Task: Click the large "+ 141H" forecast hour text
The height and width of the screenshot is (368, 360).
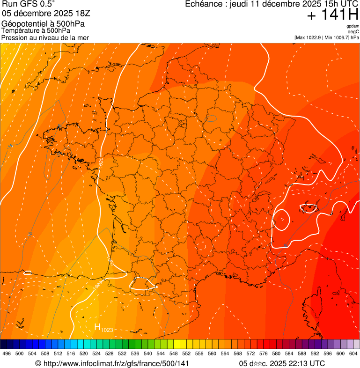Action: tap(332, 15)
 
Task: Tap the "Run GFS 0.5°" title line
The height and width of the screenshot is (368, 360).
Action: tap(28, 4)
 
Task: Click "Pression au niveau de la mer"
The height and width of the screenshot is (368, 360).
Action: tap(45, 37)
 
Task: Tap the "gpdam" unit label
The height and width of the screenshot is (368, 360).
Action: tap(353, 26)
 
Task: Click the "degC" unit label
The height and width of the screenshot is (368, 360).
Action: tap(354, 31)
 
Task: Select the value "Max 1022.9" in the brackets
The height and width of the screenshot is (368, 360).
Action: tap(310, 37)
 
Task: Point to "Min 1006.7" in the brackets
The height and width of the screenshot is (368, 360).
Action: tap(336, 37)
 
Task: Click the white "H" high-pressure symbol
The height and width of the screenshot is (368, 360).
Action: tap(97, 327)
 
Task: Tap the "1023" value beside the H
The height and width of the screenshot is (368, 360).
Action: tap(107, 330)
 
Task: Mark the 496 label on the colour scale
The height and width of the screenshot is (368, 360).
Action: tap(7, 353)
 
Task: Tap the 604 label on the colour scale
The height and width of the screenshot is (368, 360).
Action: tap(353, 353)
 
